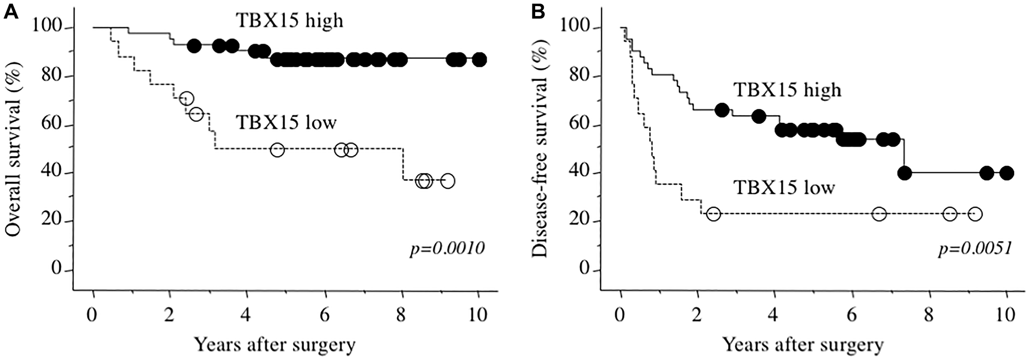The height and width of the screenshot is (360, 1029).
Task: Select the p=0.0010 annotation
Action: (447, 249)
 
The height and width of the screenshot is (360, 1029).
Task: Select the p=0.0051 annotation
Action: (975, 249)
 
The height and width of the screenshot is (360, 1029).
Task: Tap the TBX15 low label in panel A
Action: (286, 123)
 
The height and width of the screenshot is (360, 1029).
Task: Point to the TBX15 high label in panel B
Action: (787, 90)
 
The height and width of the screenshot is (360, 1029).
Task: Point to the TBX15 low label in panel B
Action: (784, 188)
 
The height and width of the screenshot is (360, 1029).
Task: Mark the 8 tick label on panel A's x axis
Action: (402, 315)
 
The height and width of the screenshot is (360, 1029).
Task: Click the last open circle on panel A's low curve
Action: (448, 181)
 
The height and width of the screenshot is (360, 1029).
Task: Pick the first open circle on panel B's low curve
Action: (713, 213)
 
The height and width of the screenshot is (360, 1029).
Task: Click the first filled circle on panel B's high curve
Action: (722, 110)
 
